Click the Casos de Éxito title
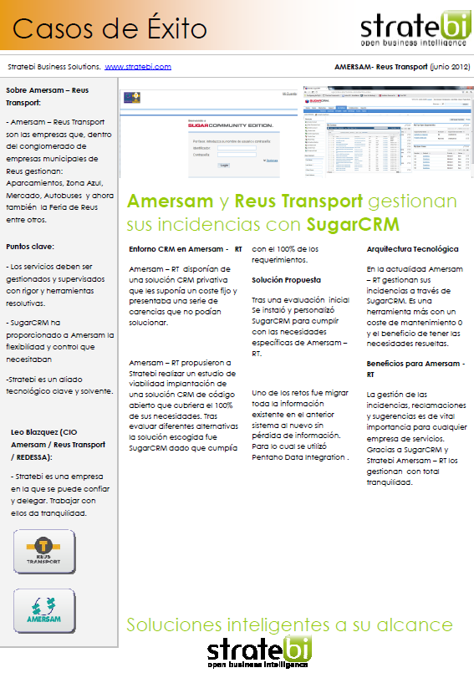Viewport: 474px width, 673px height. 110,29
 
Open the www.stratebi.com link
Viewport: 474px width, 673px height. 138,66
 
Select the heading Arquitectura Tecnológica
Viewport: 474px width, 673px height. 412,249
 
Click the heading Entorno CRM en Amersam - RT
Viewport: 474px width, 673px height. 186,249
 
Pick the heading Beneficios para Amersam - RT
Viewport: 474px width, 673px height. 415,369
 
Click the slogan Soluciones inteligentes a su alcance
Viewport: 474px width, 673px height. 289,625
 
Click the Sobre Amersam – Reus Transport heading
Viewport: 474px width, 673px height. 48,95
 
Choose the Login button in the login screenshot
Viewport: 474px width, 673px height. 223,166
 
